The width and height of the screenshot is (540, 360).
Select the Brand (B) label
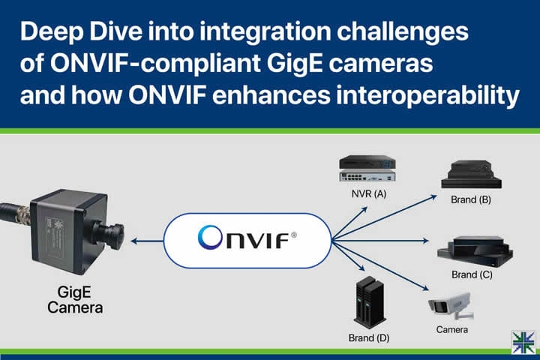tap(471, 200)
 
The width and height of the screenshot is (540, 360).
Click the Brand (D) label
tap(367, 337)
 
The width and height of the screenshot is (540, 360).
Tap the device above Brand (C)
tap(475, 250)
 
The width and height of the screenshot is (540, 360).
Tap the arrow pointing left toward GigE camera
tap(145, 241)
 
